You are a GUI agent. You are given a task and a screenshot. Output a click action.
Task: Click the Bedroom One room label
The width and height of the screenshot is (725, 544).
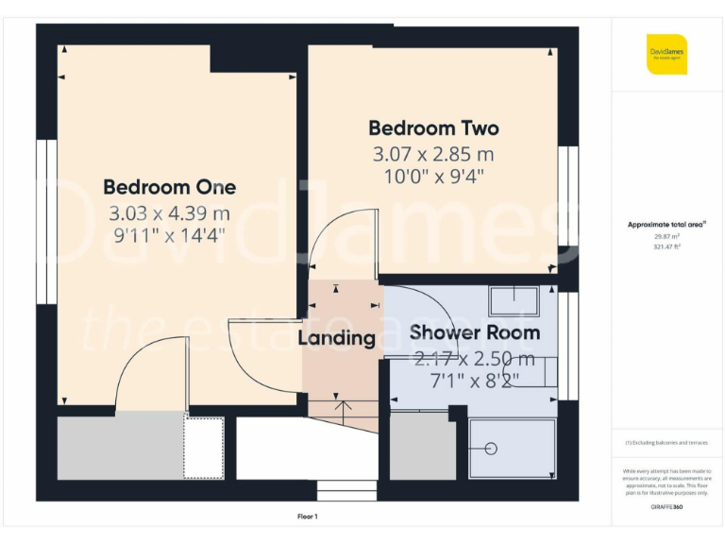169,187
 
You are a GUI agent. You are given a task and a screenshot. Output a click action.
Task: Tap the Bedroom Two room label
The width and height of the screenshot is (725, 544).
433,127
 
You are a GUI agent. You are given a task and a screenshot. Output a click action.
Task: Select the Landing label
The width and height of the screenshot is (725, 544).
337,337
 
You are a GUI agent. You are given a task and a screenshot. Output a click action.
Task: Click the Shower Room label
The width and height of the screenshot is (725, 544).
474,332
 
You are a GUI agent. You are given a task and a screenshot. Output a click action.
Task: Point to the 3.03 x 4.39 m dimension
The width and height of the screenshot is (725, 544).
169,212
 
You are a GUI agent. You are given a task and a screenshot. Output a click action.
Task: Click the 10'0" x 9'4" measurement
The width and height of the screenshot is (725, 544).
433,177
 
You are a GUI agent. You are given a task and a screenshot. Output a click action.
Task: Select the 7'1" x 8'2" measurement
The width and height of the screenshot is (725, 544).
474,381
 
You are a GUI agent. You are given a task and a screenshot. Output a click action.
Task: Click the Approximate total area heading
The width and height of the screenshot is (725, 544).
666,224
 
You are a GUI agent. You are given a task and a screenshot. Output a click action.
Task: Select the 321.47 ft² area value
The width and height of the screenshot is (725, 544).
666,246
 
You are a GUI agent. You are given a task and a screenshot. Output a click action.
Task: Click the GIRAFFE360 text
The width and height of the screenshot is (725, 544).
666,507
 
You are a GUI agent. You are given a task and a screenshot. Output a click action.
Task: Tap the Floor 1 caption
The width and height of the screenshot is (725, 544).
308,517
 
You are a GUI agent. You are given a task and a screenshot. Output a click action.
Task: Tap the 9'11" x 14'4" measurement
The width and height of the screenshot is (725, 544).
169,236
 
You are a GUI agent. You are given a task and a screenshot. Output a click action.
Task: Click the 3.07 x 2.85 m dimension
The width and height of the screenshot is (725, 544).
433,153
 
